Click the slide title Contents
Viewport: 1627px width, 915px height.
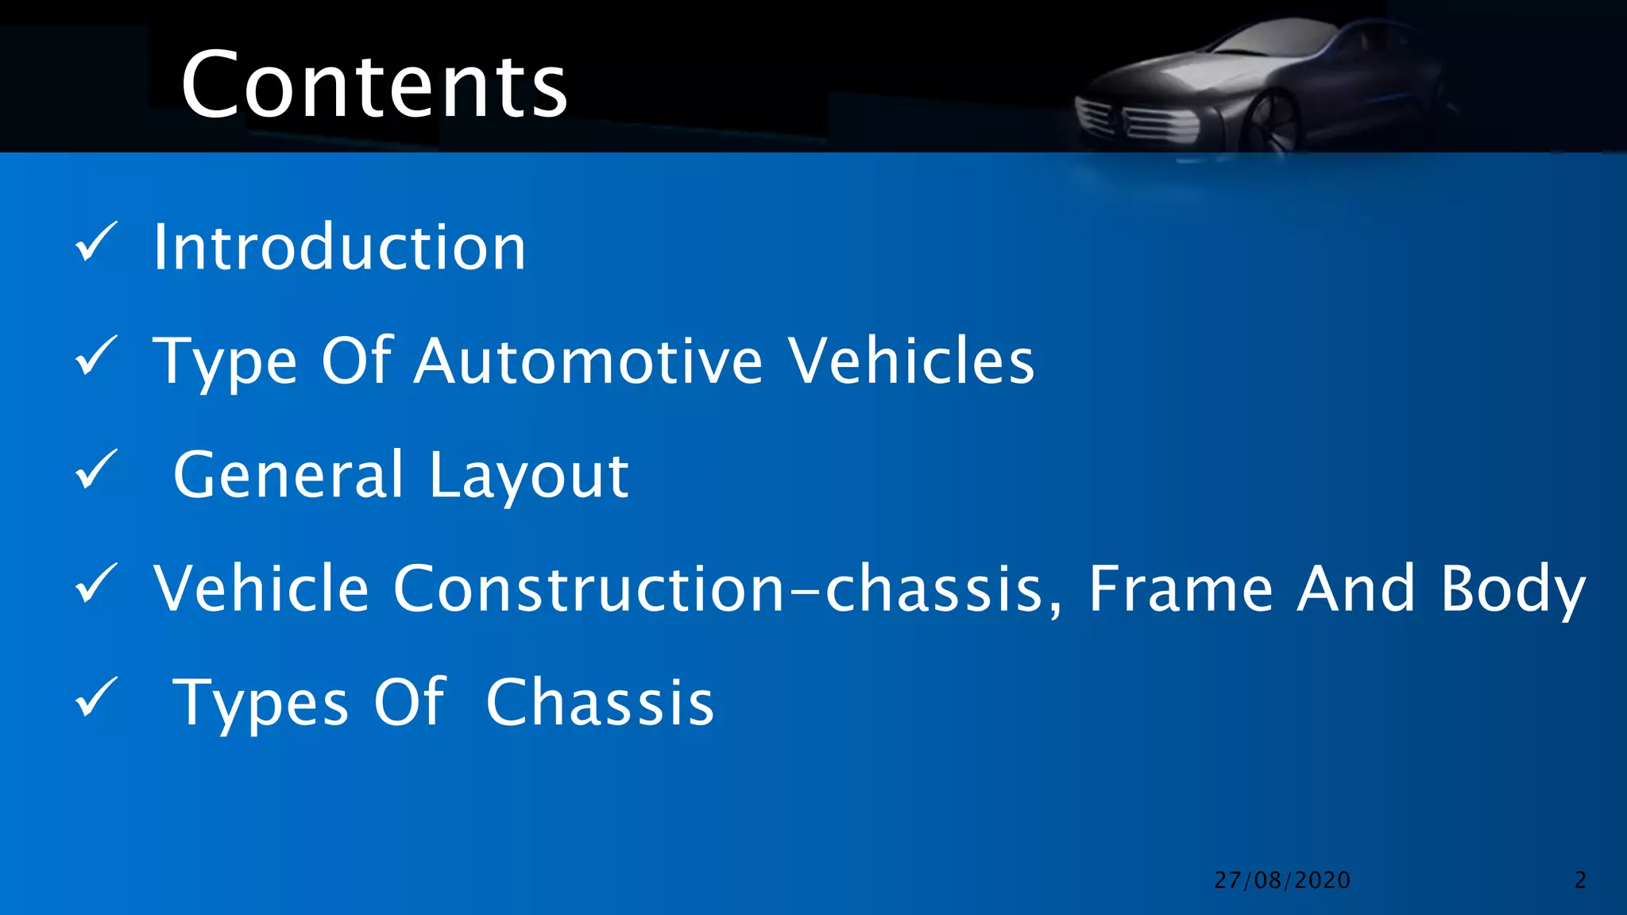click(373, 84)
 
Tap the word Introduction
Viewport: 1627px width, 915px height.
click(339, 248)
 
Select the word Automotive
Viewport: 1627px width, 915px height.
click(589, 361)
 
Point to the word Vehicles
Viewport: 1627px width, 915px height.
click(911, 361)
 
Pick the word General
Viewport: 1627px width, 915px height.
click(289, 475)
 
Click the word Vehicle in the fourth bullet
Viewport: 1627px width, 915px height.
click(261, 589)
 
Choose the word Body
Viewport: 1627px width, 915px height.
click(1513, 590)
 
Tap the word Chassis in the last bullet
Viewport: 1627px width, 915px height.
click(600, 703)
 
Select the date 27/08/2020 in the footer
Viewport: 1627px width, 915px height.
click(1282, 880)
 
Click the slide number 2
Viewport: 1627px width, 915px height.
click(1580, 880)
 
